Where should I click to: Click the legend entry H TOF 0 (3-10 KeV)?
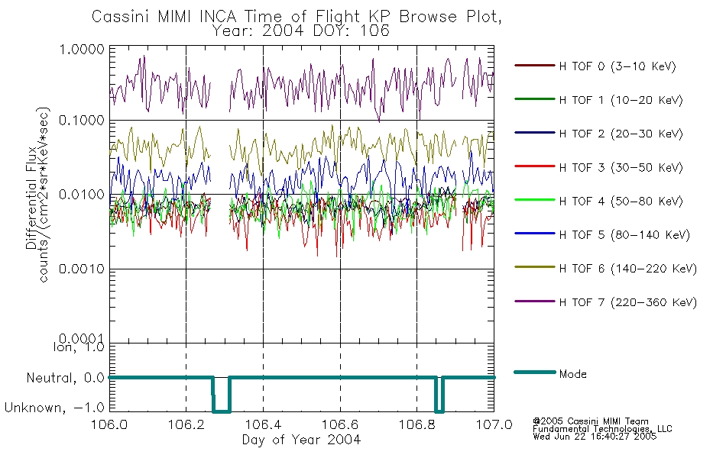(x=595, y=66)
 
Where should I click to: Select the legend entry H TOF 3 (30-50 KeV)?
(x=598, y=167)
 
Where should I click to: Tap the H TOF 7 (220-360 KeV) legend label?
(x=628, y=302)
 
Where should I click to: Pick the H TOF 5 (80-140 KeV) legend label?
(x=624, y=234)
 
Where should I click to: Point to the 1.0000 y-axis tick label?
(x=82, y=49)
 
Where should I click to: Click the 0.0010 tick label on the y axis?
(x=82, y=269)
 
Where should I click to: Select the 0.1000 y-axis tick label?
(x=82, y=121)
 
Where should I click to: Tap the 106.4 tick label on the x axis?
(x=263, y=424)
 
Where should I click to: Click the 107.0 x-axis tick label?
(x=494, y=424)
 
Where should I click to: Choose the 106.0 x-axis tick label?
(x=109, y=424)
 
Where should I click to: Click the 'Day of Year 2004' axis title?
(x=301, y=440)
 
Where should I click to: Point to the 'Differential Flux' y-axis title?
(x=31, y=198)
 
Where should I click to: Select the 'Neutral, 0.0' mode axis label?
(x=65, y=379)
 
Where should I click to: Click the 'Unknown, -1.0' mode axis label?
(x=54, y=408)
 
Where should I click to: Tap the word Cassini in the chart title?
(x=122, y=17)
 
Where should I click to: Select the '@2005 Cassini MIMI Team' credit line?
(x=590, y=421)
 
